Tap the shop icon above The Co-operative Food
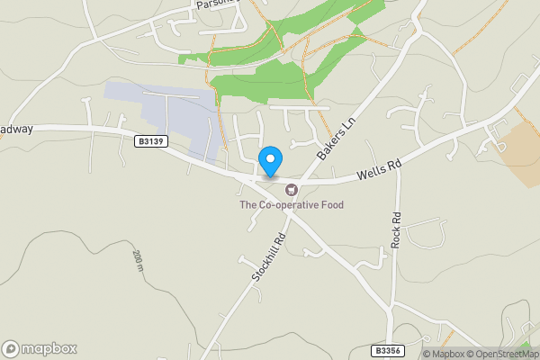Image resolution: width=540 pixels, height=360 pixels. click(291, 189)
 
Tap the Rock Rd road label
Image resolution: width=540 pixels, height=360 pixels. click(396, 231)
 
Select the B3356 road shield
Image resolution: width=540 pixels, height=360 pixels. click(387, 350)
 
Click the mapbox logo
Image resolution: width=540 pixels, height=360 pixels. click(40, 348)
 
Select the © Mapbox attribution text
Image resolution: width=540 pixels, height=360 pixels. click(444, 354)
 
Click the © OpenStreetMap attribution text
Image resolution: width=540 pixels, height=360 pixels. click(503, 354)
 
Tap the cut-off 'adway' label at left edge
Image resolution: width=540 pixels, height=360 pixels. click(16, 129)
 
